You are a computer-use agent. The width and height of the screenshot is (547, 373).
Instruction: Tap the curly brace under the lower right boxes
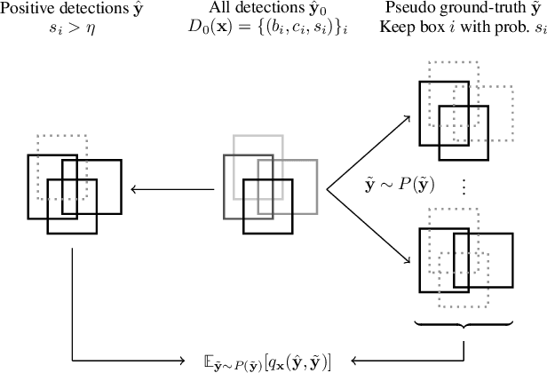462,323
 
